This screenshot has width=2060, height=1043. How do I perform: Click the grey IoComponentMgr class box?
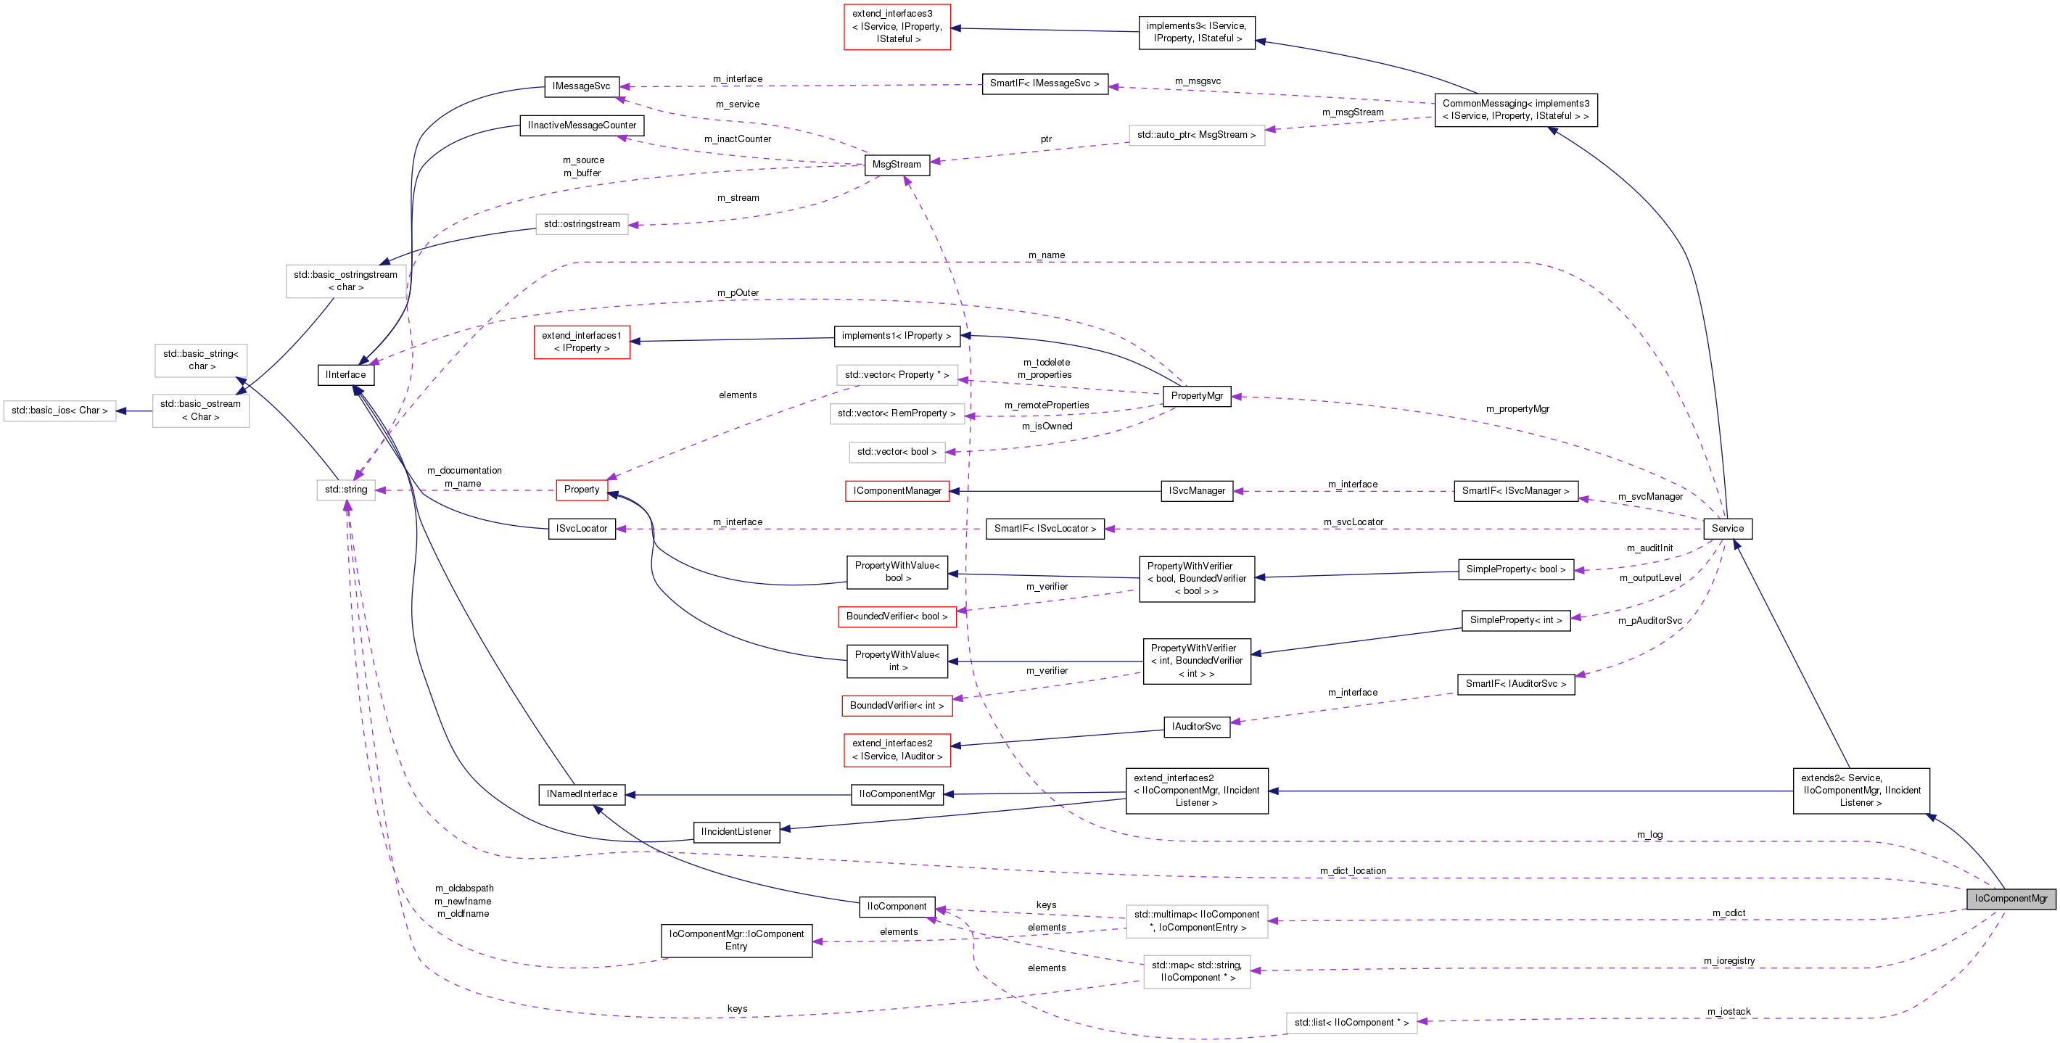click(x=2011, y=898)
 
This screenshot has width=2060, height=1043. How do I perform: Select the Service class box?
click(x=1727, y=529)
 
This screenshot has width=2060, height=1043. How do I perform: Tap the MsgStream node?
click(x=897, y=165)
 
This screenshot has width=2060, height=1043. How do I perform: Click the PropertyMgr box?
click(x=1196, y=396)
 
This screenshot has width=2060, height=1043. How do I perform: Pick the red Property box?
click(x=582, y=490)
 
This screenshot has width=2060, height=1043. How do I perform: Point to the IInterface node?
click(x=345, y=375)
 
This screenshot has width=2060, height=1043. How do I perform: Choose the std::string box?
click(x=345, y=490)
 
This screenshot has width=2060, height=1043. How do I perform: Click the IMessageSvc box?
click(x=582, y=86)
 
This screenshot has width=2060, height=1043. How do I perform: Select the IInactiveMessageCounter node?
click(x=582, y=125)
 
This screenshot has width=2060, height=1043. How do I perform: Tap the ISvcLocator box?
click(x=582, y=529)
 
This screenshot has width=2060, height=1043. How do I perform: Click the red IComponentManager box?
click(x=897, y=491)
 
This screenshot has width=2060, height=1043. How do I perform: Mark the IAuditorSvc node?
click(x=1196, y=727)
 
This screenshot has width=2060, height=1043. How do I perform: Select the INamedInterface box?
click(x=582, y=794)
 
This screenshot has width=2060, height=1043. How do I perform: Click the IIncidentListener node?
click(x=736, y=832)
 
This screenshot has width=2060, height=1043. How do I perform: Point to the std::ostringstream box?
click(x=582, y=224)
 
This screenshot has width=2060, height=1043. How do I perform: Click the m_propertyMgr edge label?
click(x=1517, y=409)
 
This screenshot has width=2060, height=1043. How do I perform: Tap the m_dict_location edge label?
click(x=1352, y=871)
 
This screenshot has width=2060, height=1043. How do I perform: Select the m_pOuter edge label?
click(x=737, y=293)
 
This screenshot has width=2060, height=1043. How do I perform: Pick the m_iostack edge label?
click(x=1728, y=1012)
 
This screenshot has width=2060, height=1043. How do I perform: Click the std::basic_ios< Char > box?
click(x=59, y=411)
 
